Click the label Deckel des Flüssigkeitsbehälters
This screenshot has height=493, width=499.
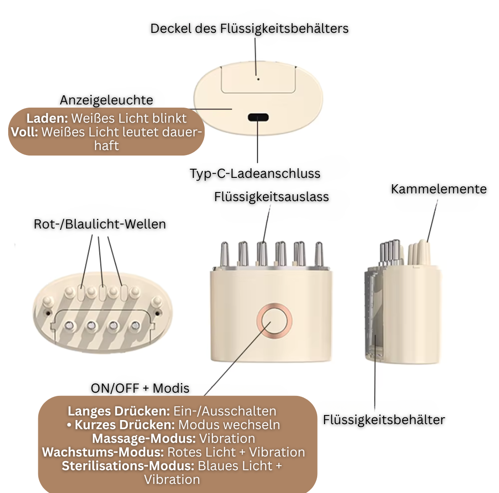(x=249, y=28)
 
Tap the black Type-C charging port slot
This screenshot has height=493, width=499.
(x=258, y=117)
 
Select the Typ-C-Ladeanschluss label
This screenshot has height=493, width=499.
(x=255, y=173)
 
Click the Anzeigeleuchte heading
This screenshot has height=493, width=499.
(x=107, y=100)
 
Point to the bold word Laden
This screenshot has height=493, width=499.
(x=47, y=118)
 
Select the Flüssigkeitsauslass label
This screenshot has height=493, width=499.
(x=272, y=197)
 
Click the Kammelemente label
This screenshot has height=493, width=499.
(x=439, y=189)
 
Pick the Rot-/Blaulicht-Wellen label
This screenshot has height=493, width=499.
(x=100, y=224)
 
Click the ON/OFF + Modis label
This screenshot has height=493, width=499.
(x=140, y=388)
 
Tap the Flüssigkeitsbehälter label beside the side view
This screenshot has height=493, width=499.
(x=384, y=420)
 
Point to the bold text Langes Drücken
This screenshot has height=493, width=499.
(x=119, y=411)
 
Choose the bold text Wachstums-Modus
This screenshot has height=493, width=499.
(x=103, y=452)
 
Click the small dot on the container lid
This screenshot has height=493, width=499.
(x=258, y=78)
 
